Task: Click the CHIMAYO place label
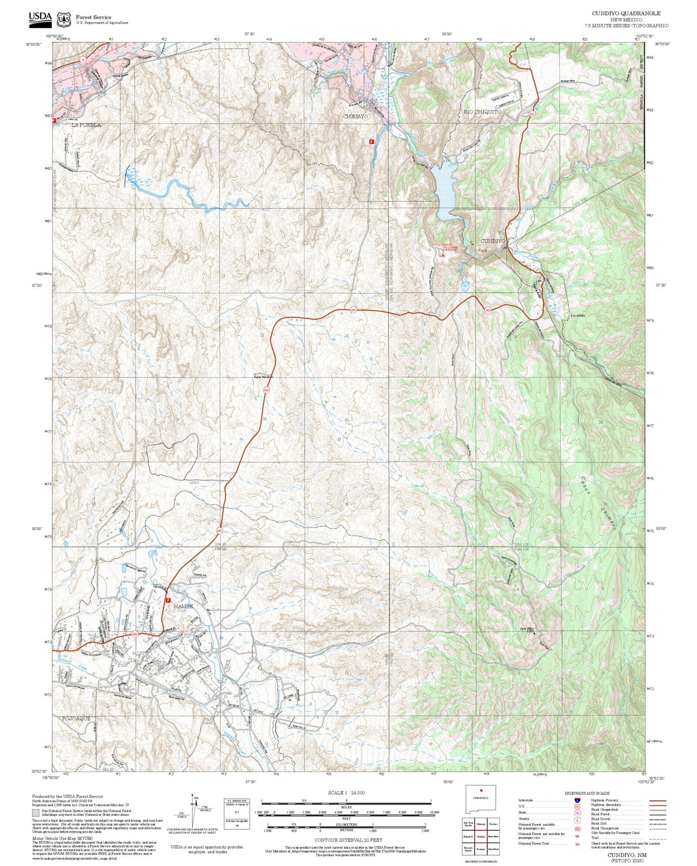pos(355,117)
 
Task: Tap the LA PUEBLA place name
pos(86,125)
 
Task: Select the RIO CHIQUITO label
pos(482,112)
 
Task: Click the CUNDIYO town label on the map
pos(492,241)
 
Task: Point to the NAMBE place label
pos(183,606)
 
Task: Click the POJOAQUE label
pos(76,719)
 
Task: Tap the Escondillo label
pos(578,315)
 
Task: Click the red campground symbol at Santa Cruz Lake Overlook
pos(443,255)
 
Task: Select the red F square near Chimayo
pos(371,141)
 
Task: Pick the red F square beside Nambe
pos(168,601)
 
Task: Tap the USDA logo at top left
pos(40,18)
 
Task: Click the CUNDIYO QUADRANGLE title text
pos(626,14)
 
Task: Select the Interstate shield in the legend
pos(577,800)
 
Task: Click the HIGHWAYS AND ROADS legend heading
pos(587,793)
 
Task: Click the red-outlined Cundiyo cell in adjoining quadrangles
pos(480,837)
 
